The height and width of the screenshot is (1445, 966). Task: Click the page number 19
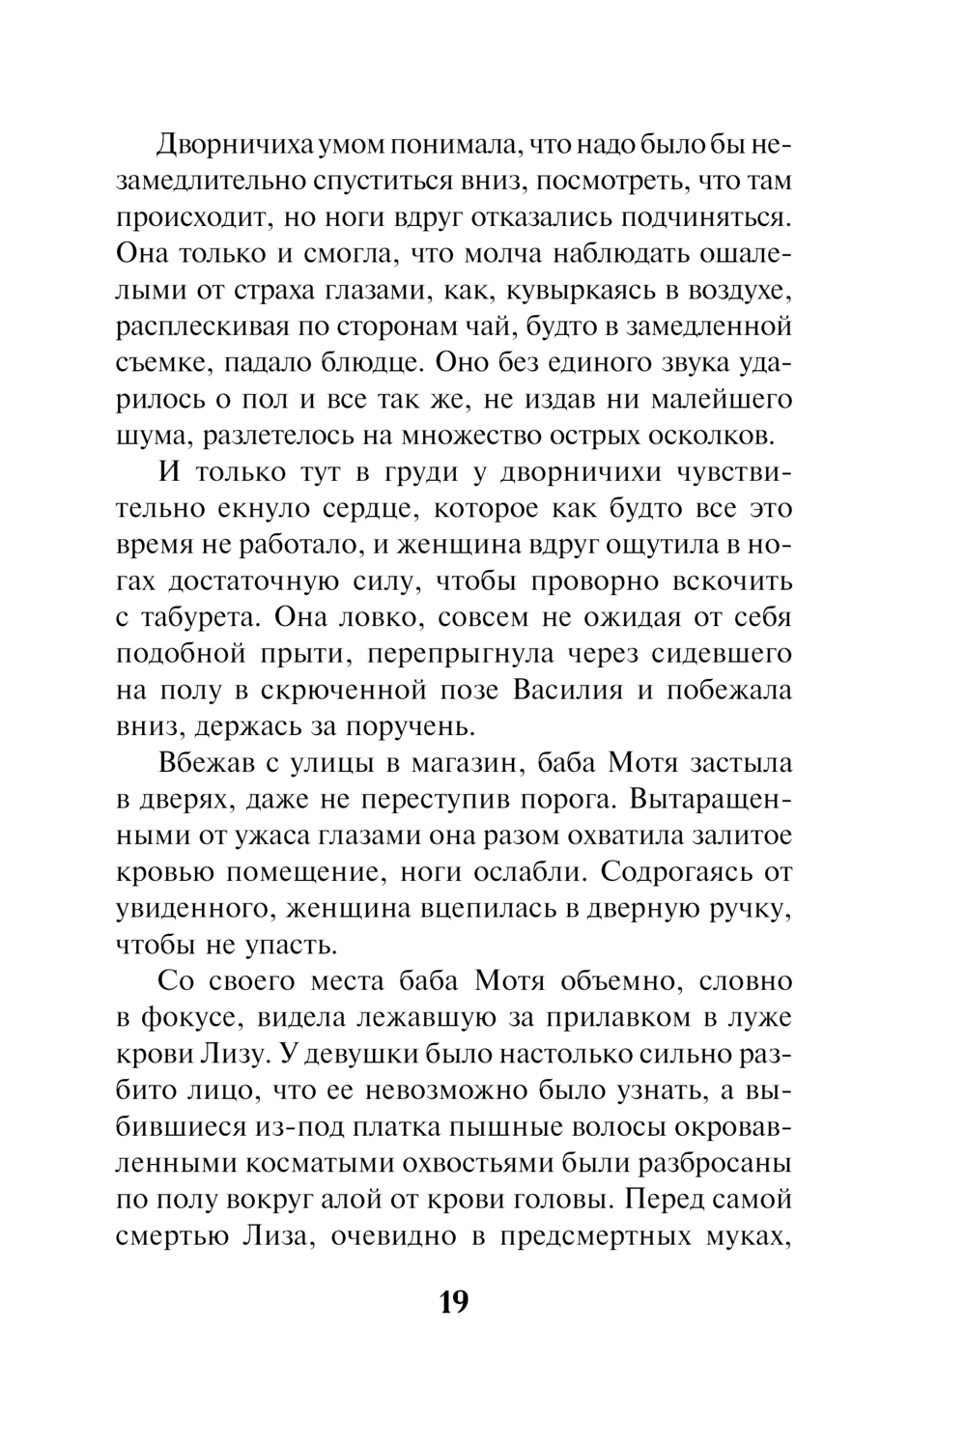[x=453, y=1301]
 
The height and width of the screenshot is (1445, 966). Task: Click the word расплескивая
[x=201, y=326]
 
